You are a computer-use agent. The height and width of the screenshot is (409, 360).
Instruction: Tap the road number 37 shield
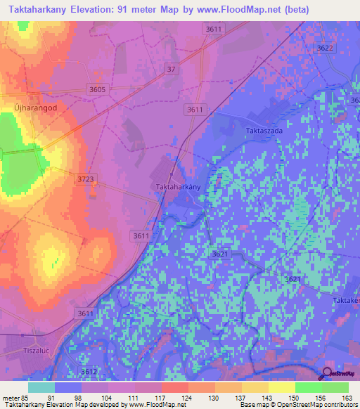(x=172, y=68)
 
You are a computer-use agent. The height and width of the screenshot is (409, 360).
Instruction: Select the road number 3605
(x=97, y=89)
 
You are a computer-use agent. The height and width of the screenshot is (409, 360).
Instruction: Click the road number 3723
(x=85, y=179)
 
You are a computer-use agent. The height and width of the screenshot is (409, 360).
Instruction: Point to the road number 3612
(x=89, y=371)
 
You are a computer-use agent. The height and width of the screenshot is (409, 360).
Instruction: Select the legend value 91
(x=51, y=397)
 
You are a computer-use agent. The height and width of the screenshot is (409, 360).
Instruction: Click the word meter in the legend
(x=12, y=397)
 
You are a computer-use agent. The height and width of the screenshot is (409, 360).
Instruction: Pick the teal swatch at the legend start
(x=41, y=387)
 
